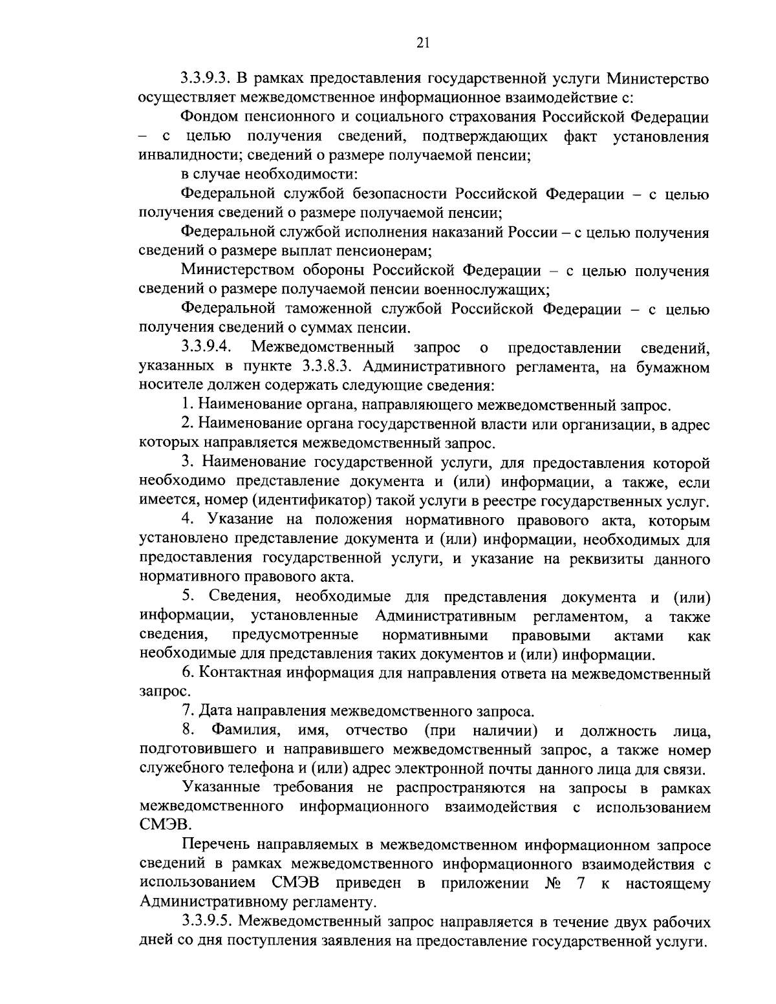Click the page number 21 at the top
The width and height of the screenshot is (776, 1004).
424,43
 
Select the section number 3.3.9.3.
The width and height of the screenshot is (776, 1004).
206,80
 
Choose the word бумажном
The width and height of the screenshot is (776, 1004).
673,368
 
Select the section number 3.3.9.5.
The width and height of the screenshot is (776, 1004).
206,922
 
